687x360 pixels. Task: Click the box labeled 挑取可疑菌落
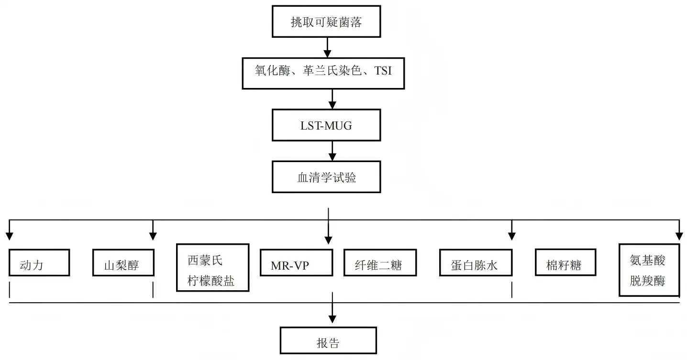click(x=326, y=22)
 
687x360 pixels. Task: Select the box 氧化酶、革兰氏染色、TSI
click(x=323, y=73)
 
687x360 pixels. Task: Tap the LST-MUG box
click(x=326, y=125)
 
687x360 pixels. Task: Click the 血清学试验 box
click(x=326, y=177)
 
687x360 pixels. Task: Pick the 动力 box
click(x=39, y=262)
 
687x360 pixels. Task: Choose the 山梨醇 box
click(x=123, y=262)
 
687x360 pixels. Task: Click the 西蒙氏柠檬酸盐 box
click(x=212, y=267)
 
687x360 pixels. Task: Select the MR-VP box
click(x=296, y=262)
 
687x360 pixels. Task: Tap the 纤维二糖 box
click(x=380, y=262)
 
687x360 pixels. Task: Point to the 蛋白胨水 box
click(x=476, y=262)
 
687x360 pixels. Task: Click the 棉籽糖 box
click(x=565, y=262)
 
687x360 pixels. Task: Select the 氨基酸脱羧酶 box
click(x=649, y=270)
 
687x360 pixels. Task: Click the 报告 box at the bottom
click(x=328, y=340)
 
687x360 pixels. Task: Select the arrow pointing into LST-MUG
click(x=332, y=99)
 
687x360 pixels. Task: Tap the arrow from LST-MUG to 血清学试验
click(x=332, y=151)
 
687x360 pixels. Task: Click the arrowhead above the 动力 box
click(x=9, y=236)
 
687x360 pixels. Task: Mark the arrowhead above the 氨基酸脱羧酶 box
click(x=679, y=236)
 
